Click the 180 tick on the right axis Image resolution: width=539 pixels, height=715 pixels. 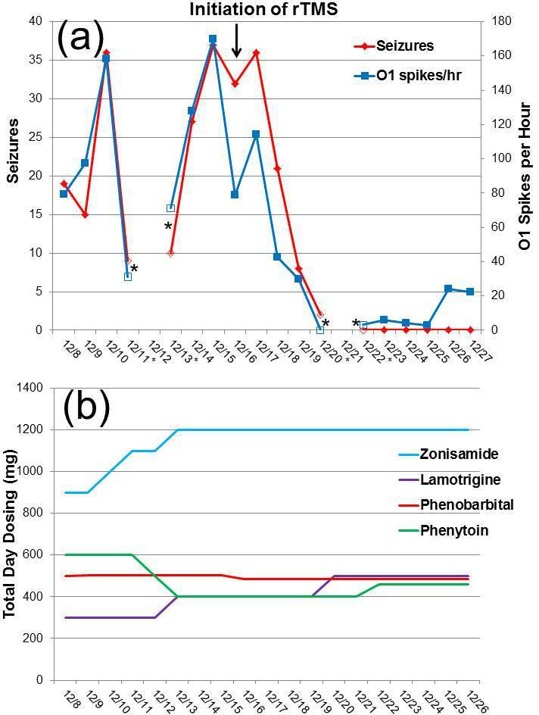(499, 21)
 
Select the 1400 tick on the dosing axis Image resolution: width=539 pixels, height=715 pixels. (28, 388)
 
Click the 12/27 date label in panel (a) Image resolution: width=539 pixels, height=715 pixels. (480, 351)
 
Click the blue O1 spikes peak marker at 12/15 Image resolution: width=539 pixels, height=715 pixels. (213, 39)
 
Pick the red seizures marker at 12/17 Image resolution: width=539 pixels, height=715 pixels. (256, 52)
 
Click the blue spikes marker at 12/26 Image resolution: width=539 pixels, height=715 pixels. (448, 289)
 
